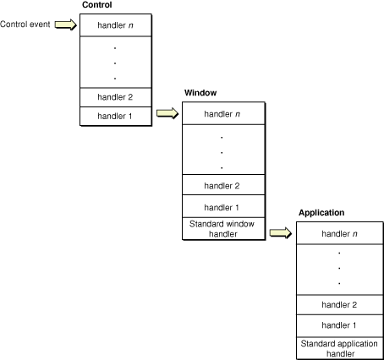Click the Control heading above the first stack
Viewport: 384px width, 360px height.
coord(97,6)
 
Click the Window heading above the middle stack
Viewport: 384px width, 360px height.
coord(200,92)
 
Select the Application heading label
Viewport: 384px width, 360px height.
coord(321,212)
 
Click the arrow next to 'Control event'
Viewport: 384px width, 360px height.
coord(65,25)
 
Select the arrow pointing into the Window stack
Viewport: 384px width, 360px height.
coord(167,113)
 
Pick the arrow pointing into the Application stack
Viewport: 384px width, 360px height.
coord(281,232)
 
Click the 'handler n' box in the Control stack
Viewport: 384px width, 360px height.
coord(116,25)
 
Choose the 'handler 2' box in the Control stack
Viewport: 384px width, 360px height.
coord(116,96)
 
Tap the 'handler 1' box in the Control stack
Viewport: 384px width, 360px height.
coord(116,114)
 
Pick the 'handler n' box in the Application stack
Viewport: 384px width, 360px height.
coord(338,232)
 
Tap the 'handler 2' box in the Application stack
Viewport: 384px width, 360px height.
coord(338,304)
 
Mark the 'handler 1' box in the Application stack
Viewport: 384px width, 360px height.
coord(338,325)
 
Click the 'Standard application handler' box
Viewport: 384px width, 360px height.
coord(338,347)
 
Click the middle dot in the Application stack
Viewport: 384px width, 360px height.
coord(338,268)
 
